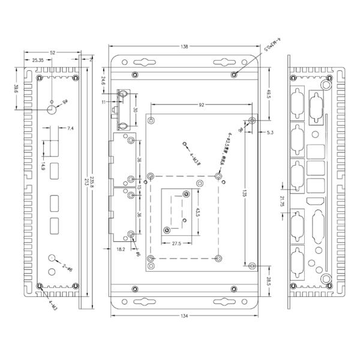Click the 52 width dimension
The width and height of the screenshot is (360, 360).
[x=53, y=53]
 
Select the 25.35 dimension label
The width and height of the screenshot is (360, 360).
[x=37, y=61]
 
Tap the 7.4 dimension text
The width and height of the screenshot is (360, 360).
[x=71, y=128]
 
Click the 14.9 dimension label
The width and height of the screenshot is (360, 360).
[x=43, y=167]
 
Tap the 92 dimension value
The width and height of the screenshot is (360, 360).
[x=202, y=105]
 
